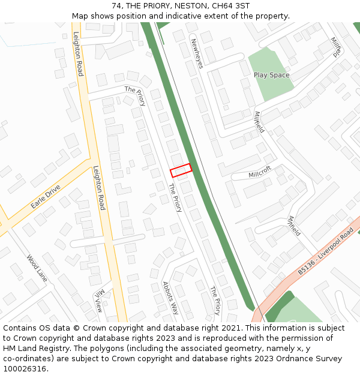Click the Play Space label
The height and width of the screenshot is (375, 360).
[x=271, y=75]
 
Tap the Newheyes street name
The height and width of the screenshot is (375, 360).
[x=196, y=53]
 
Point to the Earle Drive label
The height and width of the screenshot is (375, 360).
[x=46, y=197]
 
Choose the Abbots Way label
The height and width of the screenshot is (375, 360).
[x=171, y=298]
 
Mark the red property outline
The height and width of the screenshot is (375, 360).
[x=181, y=170]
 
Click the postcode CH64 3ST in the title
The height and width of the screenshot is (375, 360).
[x=230, y=5]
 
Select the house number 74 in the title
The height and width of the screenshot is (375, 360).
[x=117, y=5]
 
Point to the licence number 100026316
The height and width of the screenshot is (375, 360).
[x=25, y=369]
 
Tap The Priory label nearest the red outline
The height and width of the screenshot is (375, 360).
[x=175, y=198]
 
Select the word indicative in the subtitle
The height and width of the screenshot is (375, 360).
[x=197, y=16]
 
